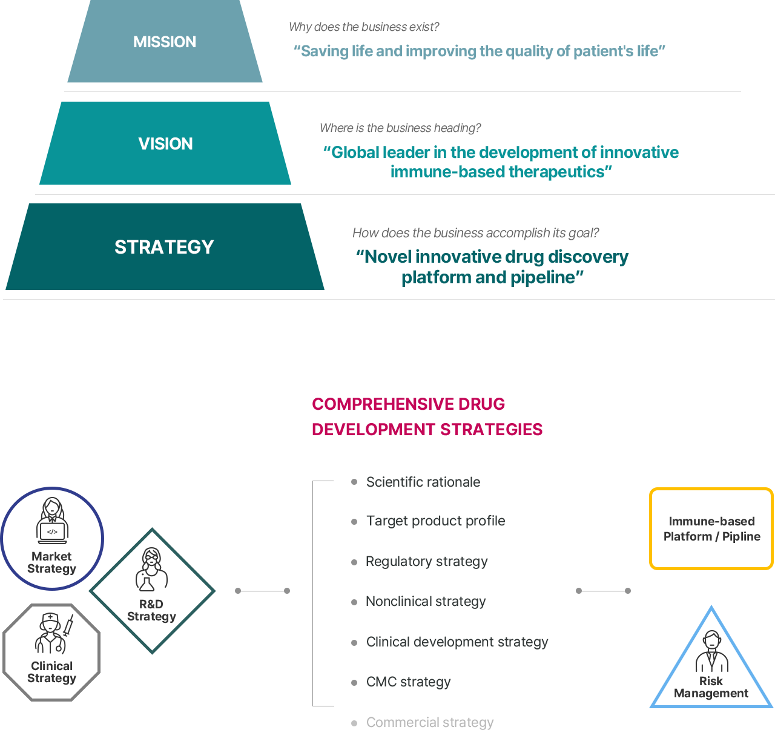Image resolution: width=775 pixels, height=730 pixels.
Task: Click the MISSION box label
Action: pos(165,42)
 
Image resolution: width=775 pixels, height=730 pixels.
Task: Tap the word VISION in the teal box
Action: pos(165,144)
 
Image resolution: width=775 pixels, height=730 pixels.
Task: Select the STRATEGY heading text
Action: pos(164,247)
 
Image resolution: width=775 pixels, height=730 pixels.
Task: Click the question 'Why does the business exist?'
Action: pos(363,27)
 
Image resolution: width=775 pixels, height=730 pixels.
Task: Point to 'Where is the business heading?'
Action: pos(400,128)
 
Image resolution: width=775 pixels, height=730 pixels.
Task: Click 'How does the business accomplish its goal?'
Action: pos(475,233)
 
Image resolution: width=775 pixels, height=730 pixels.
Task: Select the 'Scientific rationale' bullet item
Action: pos(423,482)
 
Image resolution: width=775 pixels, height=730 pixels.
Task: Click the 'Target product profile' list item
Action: pos(435,521)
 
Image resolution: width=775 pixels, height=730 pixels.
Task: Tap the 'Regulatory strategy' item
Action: pos(427,562)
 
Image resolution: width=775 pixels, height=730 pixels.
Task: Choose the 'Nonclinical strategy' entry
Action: pos(426,602)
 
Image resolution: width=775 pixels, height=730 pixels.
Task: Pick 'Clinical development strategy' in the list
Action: pos(457,642)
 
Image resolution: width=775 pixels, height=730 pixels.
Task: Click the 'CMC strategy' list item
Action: pos(409,682)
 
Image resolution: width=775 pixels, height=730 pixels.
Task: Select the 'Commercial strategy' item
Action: pos(430,723)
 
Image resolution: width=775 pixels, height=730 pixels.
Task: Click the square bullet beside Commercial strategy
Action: pos(354,723)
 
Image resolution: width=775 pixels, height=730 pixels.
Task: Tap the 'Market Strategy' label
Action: pos(52,562)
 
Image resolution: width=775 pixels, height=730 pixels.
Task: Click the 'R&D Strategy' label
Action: pos(151,610)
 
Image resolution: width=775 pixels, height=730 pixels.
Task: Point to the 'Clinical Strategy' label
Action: pos(52,672)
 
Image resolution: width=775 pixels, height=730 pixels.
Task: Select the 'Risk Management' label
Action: pos(711,687)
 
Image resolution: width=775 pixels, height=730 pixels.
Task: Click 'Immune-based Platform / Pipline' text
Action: pos(711,528)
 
